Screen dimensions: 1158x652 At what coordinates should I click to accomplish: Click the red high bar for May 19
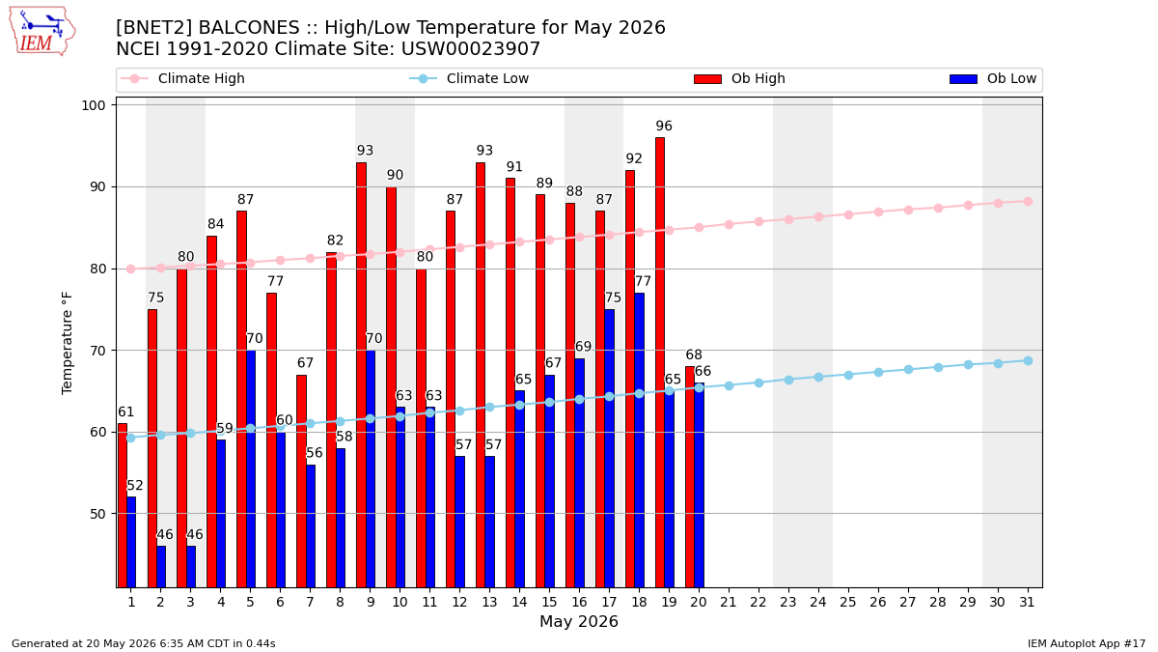click(660, 362)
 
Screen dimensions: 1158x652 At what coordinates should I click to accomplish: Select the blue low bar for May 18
click(639, 439)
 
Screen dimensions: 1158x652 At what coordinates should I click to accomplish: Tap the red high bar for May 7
click(301, 481)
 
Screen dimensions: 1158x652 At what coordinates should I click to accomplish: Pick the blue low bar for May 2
click(161, 567)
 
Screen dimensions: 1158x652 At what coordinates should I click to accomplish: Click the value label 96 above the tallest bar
click(664, 126)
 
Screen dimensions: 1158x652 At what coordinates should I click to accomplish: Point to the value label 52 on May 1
click(135, 485)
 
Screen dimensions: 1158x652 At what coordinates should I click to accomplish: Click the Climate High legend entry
click(182, 78)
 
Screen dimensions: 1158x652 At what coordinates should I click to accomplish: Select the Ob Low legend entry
click(993, 78)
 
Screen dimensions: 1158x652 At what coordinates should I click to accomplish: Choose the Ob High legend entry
click(739, 78)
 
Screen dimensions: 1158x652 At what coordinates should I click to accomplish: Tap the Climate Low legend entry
click(469, 78)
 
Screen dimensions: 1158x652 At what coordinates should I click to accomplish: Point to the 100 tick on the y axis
click(93, 105)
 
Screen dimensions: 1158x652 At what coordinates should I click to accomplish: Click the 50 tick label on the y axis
click(97, 514)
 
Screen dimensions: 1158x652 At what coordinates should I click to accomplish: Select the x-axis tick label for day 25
click(848, 602)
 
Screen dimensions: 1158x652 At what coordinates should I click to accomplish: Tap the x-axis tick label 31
click(1027, 602)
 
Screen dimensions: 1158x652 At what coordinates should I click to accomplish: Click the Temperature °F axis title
click(67, 343)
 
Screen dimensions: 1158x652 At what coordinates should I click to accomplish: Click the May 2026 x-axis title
click(578, 621)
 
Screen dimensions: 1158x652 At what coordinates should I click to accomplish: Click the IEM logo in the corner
click(41, 32)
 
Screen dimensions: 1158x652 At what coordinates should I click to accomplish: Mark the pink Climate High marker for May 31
click(1028, 201)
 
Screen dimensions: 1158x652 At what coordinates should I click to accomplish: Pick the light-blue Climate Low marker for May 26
click(878, 372)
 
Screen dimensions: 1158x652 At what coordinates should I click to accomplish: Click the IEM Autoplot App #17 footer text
click(1087, 643)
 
